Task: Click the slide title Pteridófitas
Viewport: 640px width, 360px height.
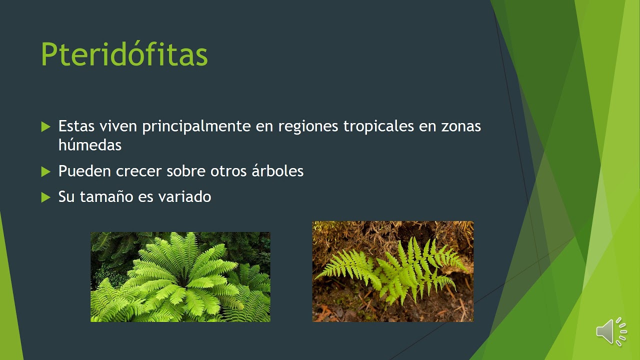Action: tap(124, 54)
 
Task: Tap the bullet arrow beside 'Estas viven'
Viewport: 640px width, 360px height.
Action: tap(46, 126)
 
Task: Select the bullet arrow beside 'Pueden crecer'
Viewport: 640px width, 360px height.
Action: tap(46, 171)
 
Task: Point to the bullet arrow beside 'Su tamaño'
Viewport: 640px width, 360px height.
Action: tap(46, 197)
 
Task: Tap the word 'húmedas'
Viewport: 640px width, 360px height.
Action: tap(90, 145)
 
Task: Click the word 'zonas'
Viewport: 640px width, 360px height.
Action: tap(461, 126)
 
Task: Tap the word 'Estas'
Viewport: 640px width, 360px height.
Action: tap(75, 126)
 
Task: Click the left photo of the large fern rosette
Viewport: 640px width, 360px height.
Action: tap(180, 277)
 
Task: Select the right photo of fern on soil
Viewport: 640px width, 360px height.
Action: tap(392, 271)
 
